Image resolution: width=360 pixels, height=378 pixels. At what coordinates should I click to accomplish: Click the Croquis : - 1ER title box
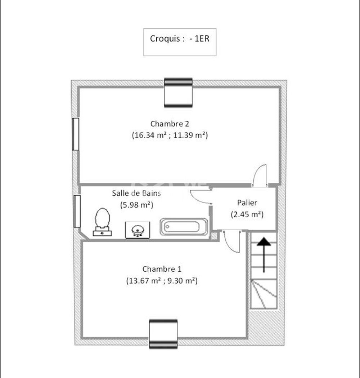tap(180, 42)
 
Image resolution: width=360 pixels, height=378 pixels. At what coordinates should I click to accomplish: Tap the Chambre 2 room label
tap(170, 124)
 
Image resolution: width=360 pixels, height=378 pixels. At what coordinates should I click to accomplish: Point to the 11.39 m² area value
tap(189, 135)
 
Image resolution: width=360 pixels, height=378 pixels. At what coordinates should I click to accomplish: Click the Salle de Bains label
tap(136, 193)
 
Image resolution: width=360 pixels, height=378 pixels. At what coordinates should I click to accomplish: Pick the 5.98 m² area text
tap(136, 205)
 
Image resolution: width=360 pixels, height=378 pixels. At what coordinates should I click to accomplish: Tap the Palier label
tap(247, 203)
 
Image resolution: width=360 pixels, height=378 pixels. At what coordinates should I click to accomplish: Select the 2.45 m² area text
tap(247, 214)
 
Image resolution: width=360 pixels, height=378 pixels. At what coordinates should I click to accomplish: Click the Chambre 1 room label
tap(162, 269)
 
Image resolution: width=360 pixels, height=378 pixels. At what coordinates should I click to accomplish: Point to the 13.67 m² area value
tap(144, 281)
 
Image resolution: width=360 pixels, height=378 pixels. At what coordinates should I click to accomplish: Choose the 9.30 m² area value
tap(181, 281)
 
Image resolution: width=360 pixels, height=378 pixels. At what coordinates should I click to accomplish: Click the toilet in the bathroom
tap(102, 222)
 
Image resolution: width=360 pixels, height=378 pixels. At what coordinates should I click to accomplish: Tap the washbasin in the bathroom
tap(138, 230)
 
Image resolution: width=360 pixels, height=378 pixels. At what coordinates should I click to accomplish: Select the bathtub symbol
tap(184, 227)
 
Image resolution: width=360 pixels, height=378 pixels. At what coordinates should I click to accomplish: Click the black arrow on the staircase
tap(264, 255)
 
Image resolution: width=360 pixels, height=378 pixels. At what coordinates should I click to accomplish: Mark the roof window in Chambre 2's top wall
tap(178, 93)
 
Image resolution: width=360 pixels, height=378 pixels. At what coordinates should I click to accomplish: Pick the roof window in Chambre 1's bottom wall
tap(163, 334)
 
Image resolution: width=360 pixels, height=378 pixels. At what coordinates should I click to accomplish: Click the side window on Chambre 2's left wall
tap(76, 134)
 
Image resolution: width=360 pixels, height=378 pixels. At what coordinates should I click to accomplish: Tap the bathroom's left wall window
tap(77, 211)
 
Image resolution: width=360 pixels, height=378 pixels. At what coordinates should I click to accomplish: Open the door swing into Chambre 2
tap(260, 175)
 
